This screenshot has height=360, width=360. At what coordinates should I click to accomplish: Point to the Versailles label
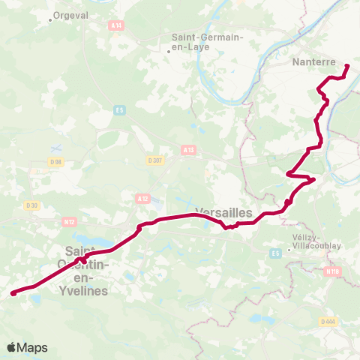tap(223, 212)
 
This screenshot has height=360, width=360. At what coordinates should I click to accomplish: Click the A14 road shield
tap(115, 25)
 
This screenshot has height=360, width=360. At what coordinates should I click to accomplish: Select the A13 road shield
tap(188, 150)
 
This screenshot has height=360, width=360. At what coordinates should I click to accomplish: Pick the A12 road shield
tap(142, 198)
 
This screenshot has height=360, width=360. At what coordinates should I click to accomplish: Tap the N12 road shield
tap(70, 221)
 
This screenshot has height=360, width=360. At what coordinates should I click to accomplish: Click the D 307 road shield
tap(155, 160)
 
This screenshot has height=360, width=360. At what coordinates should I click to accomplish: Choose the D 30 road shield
tap(31, 205)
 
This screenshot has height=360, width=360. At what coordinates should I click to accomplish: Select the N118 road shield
tap(334, 271)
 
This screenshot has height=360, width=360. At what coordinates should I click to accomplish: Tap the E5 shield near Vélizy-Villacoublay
tap(276, 253)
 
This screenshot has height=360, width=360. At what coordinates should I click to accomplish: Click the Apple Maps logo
tap(27, 347)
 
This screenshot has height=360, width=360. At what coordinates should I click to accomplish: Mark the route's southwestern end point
tap(13, 294)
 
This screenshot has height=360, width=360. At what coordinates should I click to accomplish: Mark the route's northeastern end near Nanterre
tap(347, 67)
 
